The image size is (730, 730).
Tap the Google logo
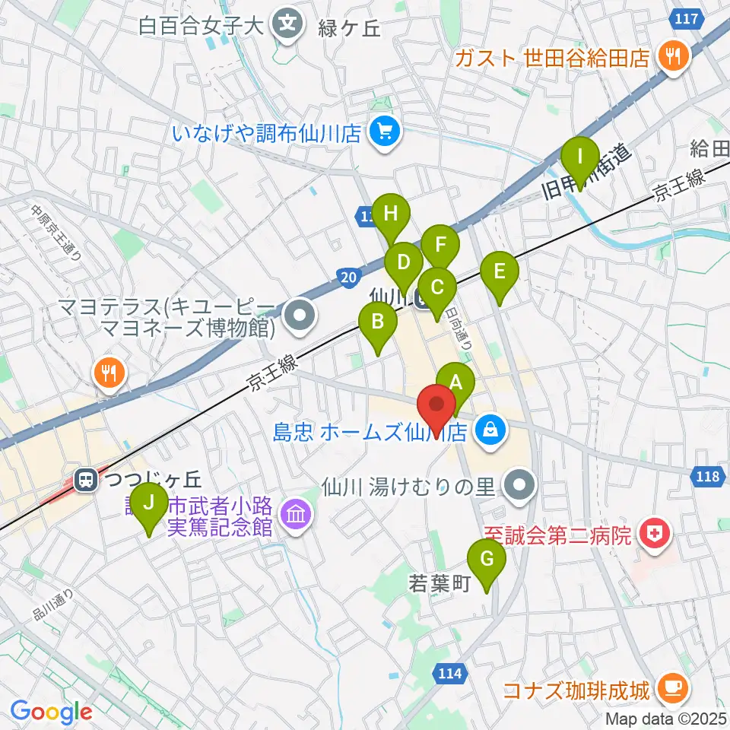[x=51, y=713]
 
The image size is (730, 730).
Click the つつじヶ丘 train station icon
[x=86, y=480]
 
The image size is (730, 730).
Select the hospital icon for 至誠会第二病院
[x=653, y=535]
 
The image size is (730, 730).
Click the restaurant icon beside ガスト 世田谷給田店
[x=672, y=56]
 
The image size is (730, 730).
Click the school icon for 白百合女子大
[x=288, y=24]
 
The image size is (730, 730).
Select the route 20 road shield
[x=347, y=279]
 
